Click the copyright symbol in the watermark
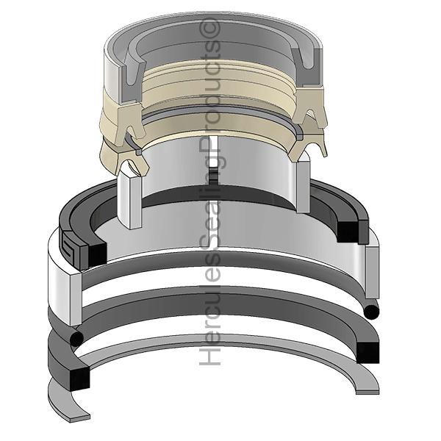(209, 29)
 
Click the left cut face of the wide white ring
(76, 299)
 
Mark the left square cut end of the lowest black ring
(79, 379)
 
